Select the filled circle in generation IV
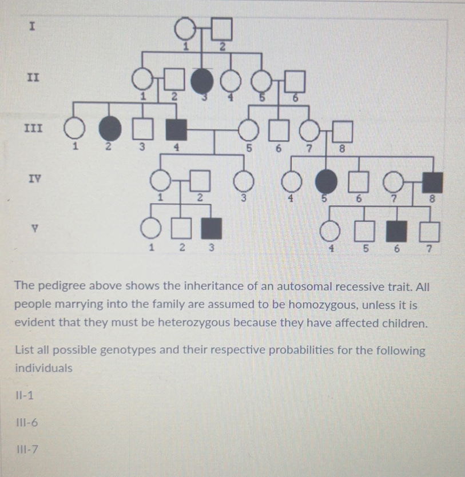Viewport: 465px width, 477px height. click(x=324, y=182)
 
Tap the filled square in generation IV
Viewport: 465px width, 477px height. click(x=432, y=182)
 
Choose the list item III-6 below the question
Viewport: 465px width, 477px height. click(x=27, y=422)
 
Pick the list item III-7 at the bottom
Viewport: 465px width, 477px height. click(x=27, y=450)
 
